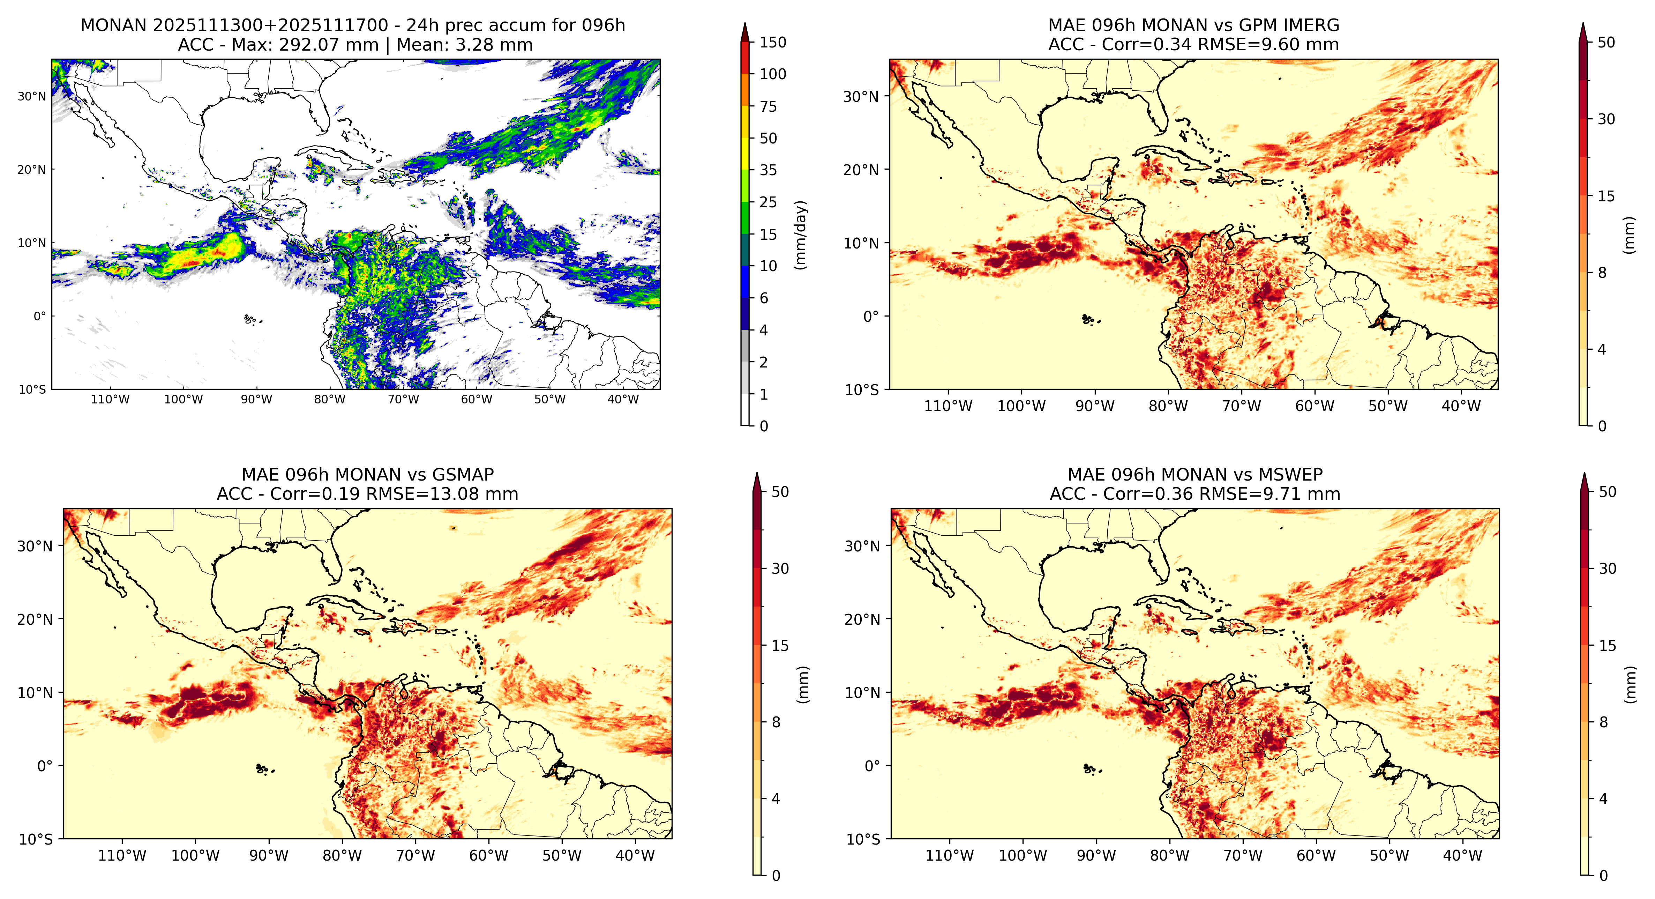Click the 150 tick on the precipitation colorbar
click(x=773, y=43)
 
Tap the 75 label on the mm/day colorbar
click(x=769, y=107)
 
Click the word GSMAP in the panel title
click(x=463, y=475)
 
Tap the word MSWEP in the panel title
click(x=1291, y=475)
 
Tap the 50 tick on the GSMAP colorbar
click(x=780, y=492)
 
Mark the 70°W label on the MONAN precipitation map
click(x=404, y=399)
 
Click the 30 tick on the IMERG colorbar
click(x=1606, y=119)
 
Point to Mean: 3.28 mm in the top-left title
click(x=464, y=45)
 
